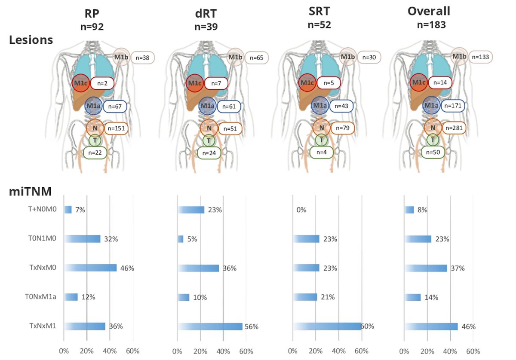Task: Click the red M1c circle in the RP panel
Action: [80, 82]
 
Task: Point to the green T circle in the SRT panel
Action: [321, 140]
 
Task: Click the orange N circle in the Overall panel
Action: [433, 128]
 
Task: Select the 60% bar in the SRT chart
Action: [327, 326]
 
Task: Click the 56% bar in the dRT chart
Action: [210, 326]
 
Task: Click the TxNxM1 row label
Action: [44, 326]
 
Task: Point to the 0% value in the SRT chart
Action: [301, 210]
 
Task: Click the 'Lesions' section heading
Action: [31, 40]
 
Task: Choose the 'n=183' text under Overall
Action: [431, 24]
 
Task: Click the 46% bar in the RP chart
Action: [90, 268]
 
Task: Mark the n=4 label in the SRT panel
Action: [320, 152]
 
